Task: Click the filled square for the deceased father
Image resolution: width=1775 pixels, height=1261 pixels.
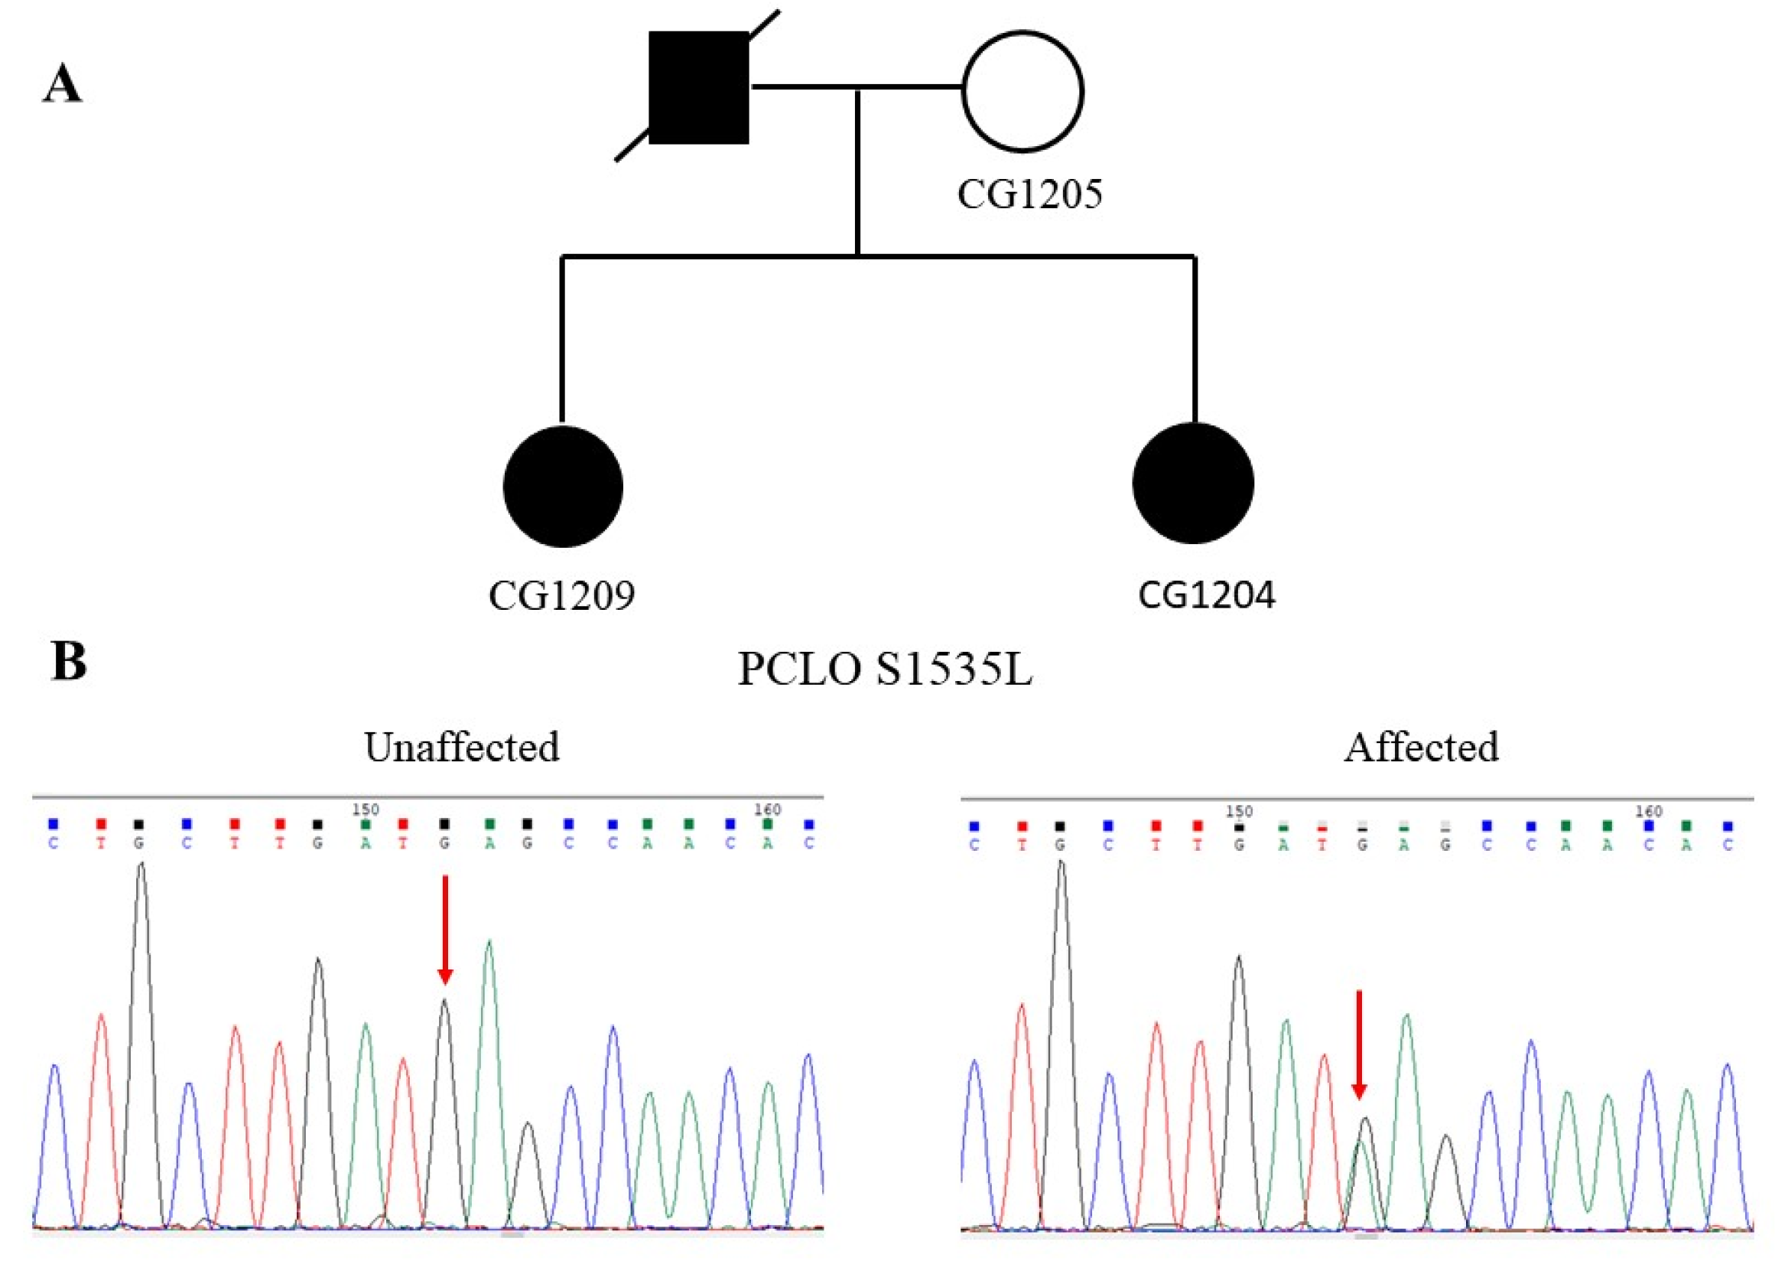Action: pos(697,87)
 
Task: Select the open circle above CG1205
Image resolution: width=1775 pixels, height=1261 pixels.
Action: pos(1022,91)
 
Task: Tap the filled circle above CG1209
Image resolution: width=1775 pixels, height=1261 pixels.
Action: pos(563,486)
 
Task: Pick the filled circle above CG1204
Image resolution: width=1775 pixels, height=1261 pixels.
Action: pos(1193,483)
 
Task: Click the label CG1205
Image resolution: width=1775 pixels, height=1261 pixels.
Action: pos(1029,194)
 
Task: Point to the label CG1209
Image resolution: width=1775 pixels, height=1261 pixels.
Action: pos(561,595)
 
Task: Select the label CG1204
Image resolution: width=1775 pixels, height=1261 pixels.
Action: pos(1206,595)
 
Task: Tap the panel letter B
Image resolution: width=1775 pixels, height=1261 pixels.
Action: pos(68,662)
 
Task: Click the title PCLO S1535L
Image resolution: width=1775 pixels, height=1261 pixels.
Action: pos(884,669)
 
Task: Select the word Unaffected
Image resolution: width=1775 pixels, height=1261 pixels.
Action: pos(462,747)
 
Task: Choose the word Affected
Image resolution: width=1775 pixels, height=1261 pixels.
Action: pos(1421,747)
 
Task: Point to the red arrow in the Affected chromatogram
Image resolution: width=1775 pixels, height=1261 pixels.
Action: pos(1358,1044)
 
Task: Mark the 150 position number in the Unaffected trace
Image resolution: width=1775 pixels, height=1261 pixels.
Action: pos(365,809)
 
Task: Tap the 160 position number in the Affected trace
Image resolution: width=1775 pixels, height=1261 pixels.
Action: pos(1648,811)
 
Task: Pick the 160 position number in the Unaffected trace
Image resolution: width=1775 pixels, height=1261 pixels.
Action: pos(767,809)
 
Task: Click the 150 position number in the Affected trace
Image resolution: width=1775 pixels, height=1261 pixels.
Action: pos(1239,811)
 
